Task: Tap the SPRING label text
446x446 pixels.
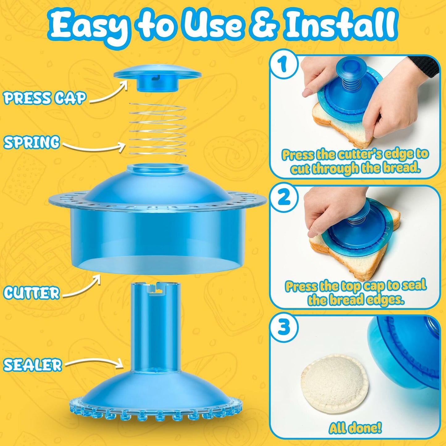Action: click(x=31, y=142)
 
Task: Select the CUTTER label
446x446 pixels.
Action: click(x=31, y=292)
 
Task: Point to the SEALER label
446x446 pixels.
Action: click(x=33, y=365)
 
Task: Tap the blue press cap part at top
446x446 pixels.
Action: click(x=157, y=77)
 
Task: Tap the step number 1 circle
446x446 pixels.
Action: click(x=283, y=65)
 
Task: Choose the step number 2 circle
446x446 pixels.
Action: click(x=283, y=198)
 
